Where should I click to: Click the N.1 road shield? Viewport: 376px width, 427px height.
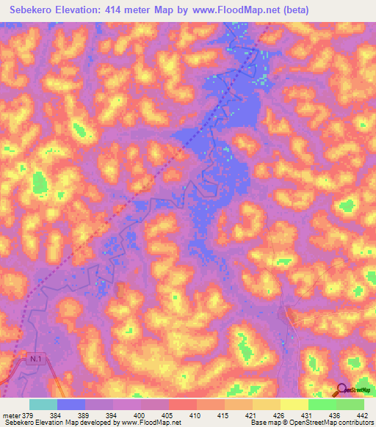click(36, 359)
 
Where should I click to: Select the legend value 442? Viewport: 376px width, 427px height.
click(360, 415)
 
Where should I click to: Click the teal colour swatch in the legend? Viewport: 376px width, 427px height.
click(43, 404)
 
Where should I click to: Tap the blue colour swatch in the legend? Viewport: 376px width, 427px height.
click(71, 404)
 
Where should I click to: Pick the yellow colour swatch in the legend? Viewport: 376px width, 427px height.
click(294, 404)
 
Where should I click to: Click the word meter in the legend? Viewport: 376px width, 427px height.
click(11, 415)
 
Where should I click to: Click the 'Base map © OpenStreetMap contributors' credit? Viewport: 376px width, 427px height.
click(312, 423)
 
